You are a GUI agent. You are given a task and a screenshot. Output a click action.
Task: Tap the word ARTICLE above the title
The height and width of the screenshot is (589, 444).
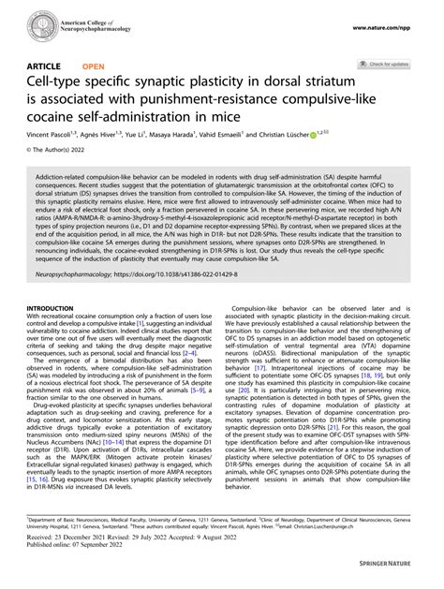tap(46, 67)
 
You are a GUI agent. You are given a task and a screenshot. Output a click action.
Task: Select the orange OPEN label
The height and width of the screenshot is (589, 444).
tap(94, 67)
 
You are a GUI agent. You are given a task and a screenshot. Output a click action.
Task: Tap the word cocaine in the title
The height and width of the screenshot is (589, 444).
tap(59, 118)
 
